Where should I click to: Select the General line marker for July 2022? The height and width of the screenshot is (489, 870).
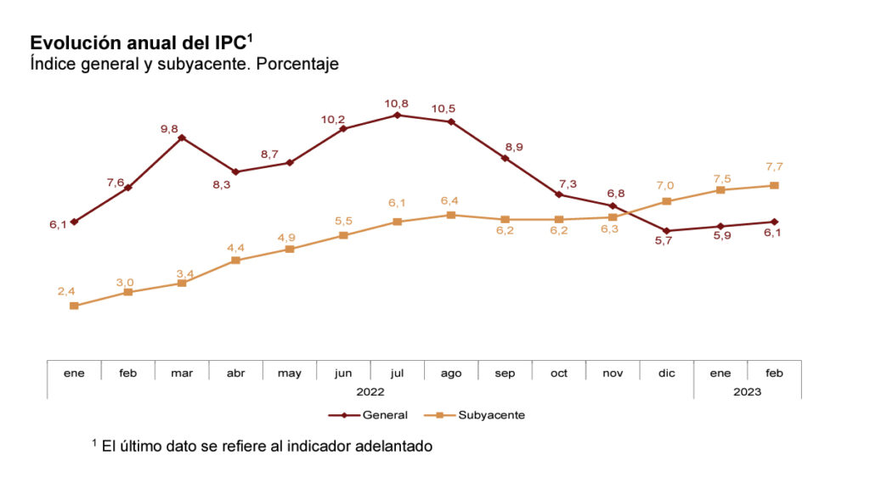click(x=398, y=115)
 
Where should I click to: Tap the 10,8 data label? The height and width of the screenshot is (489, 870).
click(x=397, y=103)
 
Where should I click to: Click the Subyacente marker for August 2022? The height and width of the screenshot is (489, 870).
click(x=451, y=215)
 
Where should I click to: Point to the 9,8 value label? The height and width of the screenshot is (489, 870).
click(x=169, y=128)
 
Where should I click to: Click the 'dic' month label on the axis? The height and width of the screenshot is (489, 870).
click(x=666, y=373)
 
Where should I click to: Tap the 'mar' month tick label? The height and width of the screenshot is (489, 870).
click(x=182, y=373)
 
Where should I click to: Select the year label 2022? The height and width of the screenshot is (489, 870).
click(x=370, y=391)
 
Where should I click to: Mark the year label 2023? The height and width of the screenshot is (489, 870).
click(x=747, y=391)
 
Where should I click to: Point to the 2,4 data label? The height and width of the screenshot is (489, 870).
click(x=66, y=291)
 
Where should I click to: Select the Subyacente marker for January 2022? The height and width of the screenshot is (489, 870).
click(x=74, y=306)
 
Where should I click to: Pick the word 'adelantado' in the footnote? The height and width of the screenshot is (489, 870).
click(x=396, y=446)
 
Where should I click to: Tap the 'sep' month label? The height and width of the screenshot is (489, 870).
click(x=505, y=373)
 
